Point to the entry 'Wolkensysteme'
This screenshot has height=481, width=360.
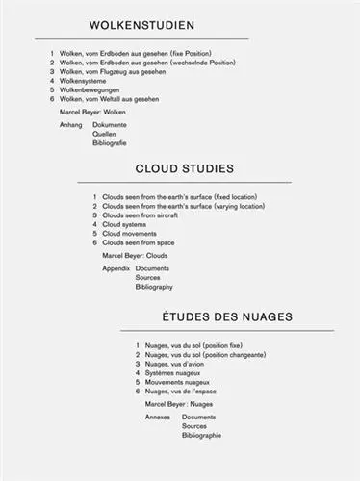(x=84, y=81)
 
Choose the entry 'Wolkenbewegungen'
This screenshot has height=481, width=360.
(x=91, y=89)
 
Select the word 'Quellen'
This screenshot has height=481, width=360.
(x=105, y=134)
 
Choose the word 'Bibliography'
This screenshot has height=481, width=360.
(x=154, y=287)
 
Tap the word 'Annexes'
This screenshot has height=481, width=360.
(x=158, y=418)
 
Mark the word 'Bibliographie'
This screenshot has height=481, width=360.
(x=201, y=435)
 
